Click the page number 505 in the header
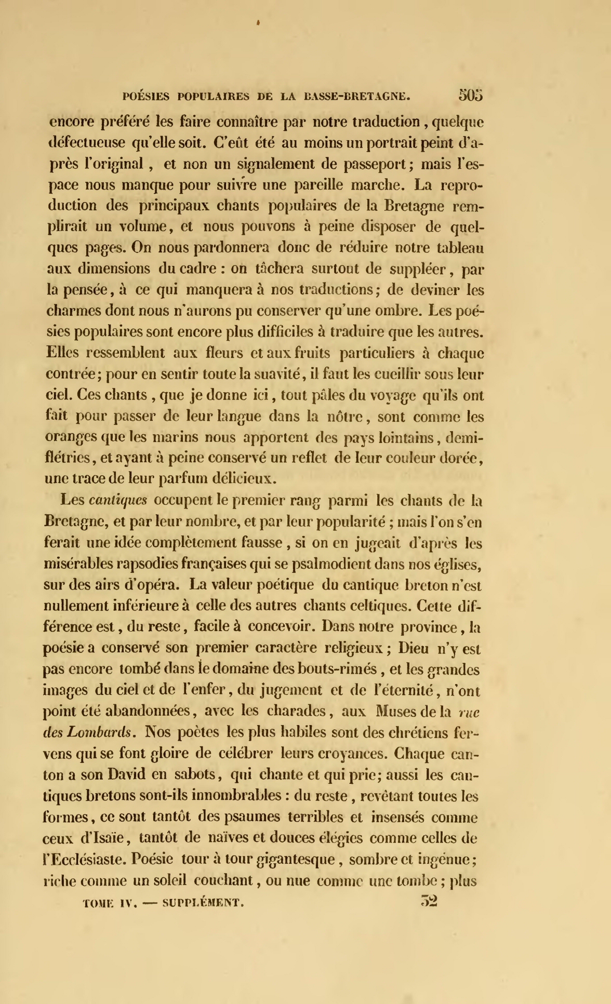[x=471, y=95]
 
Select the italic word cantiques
[x=118, y=501]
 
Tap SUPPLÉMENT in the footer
[x=203, y=903]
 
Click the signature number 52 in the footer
[x=429, y=901]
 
